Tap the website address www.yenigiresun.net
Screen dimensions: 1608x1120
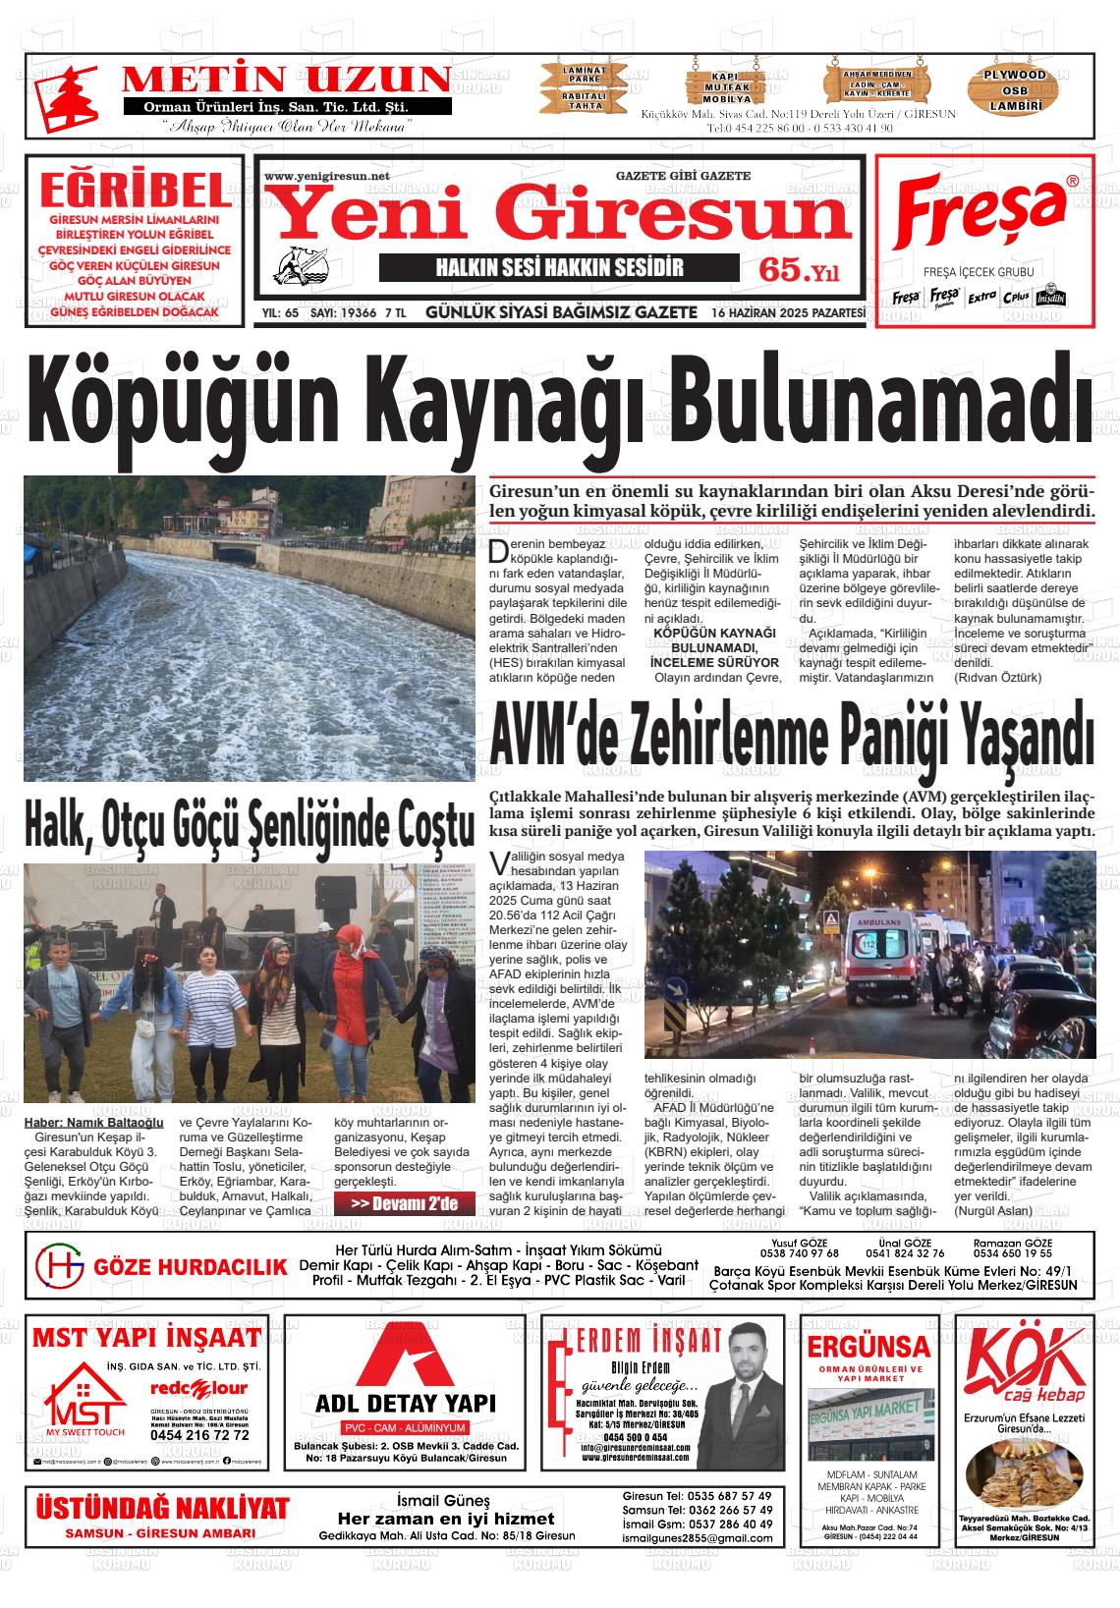coord(327,176)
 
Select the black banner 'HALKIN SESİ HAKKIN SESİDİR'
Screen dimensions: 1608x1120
coord(559,268)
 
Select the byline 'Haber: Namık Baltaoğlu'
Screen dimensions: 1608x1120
coord(93,1123)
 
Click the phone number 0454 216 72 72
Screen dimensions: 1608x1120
coord(199,1435)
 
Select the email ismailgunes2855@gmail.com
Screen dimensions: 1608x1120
coord(697,1538)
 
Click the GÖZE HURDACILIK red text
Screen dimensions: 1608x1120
coord(190,1267)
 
